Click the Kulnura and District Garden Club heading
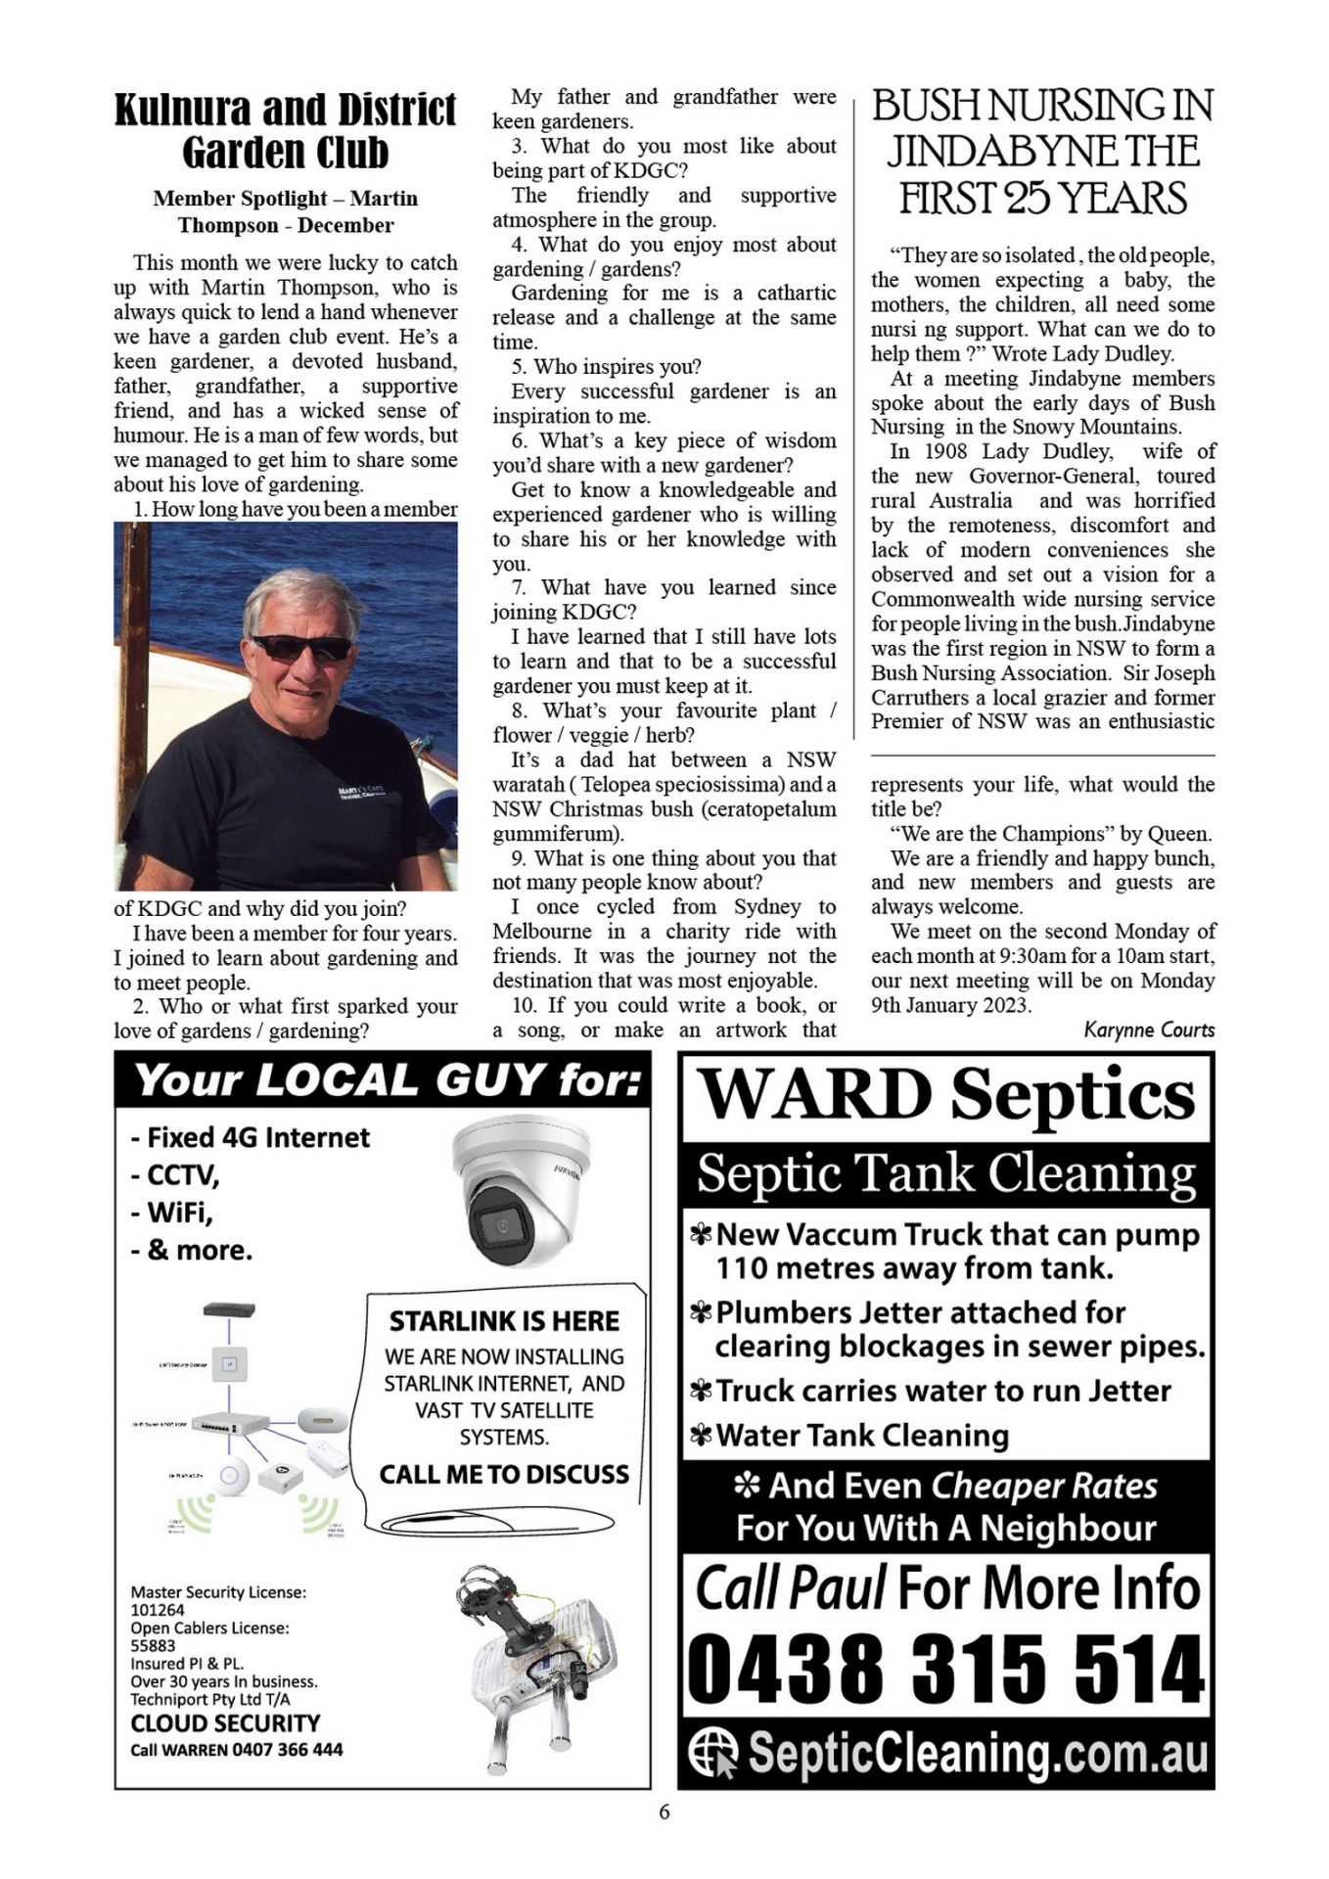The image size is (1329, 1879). click(285, 131)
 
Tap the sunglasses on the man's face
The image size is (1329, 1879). click(301, 647)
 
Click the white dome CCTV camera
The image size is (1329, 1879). click(522, 1189)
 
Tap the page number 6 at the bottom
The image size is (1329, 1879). click(664, 1811)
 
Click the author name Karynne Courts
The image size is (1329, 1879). click(1149, 1030)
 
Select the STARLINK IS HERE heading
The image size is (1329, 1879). click(504, 1321)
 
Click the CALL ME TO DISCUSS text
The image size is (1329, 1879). click(504, 1474)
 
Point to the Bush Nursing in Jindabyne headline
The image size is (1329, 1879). click(1042, 152)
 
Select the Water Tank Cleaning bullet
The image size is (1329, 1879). click(862, 1436)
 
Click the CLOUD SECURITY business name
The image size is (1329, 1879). click(225, 1723)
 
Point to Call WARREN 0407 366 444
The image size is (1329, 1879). click(237, 1750)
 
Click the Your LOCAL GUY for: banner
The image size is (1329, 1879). click(388, 1080)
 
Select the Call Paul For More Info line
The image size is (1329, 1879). click(947, 1587)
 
